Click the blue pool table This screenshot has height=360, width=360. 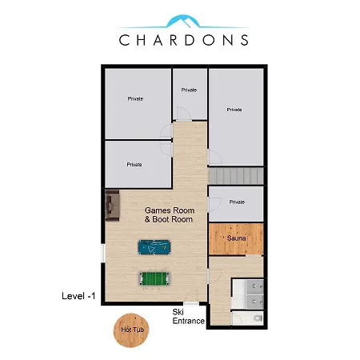[154, 247]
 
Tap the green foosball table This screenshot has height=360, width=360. [154, 278]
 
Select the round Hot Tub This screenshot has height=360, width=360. [131, 330]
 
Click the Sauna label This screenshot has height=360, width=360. [236, 238]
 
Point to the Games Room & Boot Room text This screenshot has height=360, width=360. [170, 215]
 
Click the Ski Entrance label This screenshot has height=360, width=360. [188, 317]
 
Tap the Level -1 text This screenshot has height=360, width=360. [78, 296]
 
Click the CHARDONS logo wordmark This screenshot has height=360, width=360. [184, 40]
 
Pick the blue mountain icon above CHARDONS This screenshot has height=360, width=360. [183, 22]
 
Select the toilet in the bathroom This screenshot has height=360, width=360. [258, 318]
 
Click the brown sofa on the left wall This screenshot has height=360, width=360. [112, 206]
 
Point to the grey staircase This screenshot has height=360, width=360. [236, 176]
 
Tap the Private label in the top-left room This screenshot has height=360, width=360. [135, 98]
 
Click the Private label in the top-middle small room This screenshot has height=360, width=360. [189, 90]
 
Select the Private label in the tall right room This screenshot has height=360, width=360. [234, 110]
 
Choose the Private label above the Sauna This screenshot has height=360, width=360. [237, 202]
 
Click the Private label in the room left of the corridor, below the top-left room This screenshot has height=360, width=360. [134, 165]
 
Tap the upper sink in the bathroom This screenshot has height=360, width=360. [255, 286]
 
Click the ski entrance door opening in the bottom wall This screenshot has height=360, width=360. [191, 303]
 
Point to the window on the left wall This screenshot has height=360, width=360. [103, 253]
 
